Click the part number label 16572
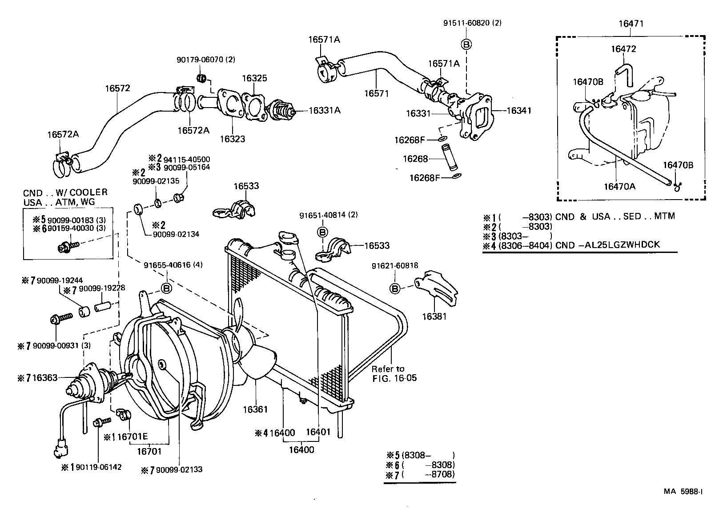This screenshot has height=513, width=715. [x=117, y=88]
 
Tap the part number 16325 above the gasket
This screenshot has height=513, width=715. [x=254, y=78]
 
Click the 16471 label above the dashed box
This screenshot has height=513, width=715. [x=631, y=24]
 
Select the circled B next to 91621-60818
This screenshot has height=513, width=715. [x=394, y=289]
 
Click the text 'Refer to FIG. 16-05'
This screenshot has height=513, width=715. [x=388, y=373]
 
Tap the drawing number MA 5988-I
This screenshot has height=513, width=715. [x=683, y=491]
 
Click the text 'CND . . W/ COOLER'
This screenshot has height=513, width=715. [x=65, y=192]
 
